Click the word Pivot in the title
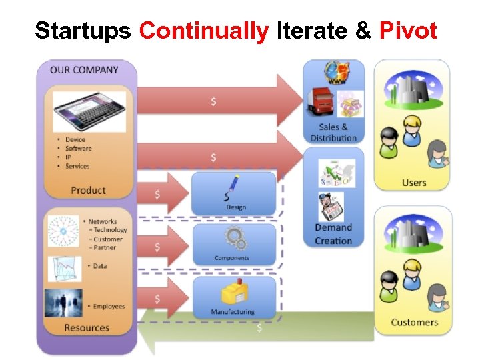point(408,31)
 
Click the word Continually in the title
point(204,31)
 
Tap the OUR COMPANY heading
point(84,69)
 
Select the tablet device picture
point(89,111)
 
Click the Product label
point(88,190)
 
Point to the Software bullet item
point(78,149)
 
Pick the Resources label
point(87,327)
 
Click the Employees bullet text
point(109,306)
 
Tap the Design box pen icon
point(233,187)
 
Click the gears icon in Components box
point(233,239)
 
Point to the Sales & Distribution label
point(333,133)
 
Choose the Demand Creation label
point(333,234)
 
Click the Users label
point(414,183)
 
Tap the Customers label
point(414,322)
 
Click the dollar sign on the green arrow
point(259,328)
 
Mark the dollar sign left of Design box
point(157,194)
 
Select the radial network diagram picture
point(63,231)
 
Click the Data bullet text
point(100,265)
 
